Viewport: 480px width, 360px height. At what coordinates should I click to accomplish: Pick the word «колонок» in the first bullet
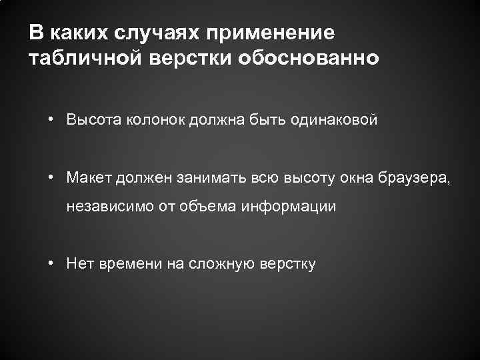point(146,120)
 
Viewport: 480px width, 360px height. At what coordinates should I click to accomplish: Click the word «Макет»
point(89,177)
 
